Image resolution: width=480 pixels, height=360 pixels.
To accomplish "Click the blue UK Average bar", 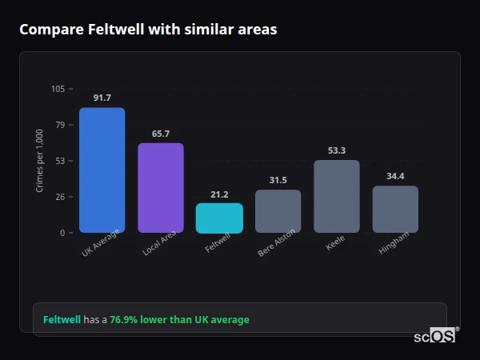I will [x=102, y=170].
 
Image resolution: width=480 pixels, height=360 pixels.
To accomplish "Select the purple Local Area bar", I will [x=161, y=188].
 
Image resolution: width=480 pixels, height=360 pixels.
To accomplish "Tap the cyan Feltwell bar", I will [x=219, y=218].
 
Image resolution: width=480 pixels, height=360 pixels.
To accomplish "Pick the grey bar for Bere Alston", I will [x=278, y=211].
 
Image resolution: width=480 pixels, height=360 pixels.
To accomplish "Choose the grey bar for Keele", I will [x=337, y=197].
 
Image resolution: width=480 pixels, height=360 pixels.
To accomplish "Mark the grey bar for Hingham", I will [x=395, y=210].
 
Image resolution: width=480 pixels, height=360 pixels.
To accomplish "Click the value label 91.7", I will [x=102, y=98].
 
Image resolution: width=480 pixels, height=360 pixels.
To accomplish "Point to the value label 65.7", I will [x=161, y=134].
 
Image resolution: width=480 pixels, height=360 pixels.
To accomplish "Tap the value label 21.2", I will [x=219, y=194].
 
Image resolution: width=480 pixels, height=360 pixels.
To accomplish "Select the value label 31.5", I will [x=278, y=180].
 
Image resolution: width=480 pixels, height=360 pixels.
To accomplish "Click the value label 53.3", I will [x=337, y=150].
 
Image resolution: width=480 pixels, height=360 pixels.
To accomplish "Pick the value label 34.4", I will [x=395, y=176].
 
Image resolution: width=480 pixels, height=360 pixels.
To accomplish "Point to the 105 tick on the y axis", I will [x=58, y=89].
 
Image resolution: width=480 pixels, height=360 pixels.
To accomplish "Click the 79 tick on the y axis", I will [x=60, y=125].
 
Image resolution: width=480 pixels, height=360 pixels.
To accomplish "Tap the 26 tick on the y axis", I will [x=60, y=197].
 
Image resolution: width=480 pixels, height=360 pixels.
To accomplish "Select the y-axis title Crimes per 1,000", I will [x=40, y=161].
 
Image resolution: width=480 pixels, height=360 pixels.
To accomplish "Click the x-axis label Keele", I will [x=335, y=243].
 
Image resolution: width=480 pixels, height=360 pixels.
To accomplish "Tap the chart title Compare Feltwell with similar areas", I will [x=148, y=30].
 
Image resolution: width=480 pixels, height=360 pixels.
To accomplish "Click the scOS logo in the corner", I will [x=435, y=336].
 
